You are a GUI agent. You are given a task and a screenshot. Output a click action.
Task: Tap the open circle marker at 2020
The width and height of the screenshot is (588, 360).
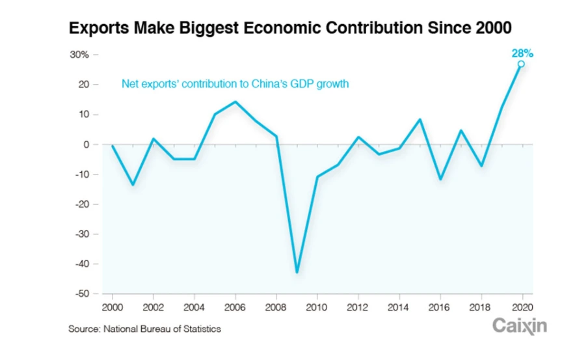[521, 64]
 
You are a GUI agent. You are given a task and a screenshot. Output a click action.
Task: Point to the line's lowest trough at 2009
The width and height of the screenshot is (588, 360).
[297, 272]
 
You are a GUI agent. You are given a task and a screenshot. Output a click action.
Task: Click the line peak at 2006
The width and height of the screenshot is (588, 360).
[235, 102]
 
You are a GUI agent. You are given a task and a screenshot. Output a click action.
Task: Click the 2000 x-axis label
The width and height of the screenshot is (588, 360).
[113, 306]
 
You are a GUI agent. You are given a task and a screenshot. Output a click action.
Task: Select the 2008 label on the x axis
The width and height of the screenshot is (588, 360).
[276, 306]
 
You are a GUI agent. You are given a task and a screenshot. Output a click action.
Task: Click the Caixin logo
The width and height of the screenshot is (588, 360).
[519, 325]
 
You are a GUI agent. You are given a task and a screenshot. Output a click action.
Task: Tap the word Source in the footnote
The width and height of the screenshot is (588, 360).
[83, 329]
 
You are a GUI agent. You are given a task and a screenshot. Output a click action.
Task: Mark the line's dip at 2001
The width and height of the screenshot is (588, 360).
[133, 185]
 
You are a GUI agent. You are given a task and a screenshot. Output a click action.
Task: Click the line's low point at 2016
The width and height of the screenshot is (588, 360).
[440, 179]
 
